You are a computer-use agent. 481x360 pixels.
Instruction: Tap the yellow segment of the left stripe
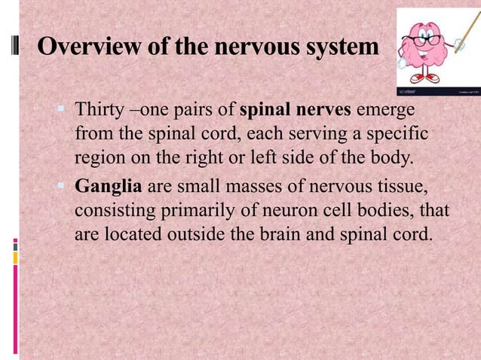point(15,258)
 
